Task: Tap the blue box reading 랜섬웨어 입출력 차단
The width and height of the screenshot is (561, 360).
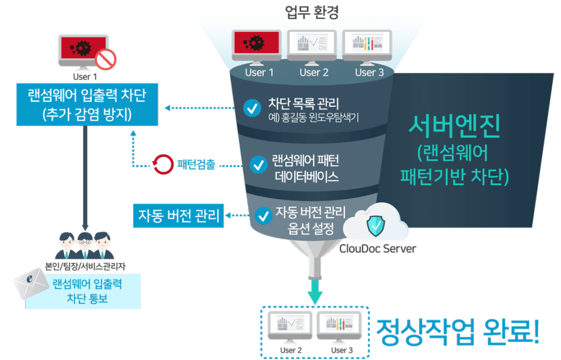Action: [87, 105]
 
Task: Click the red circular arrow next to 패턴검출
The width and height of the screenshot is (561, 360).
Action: [162, 164]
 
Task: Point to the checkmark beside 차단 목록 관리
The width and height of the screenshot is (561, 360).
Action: [252, 108]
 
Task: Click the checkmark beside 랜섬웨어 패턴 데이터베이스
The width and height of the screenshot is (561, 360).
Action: [258, 165]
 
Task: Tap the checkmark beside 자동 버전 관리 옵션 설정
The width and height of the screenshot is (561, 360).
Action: [264, 216]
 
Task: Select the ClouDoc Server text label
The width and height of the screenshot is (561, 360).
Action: [378, 249]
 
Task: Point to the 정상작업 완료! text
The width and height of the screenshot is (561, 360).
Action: [458, 332]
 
